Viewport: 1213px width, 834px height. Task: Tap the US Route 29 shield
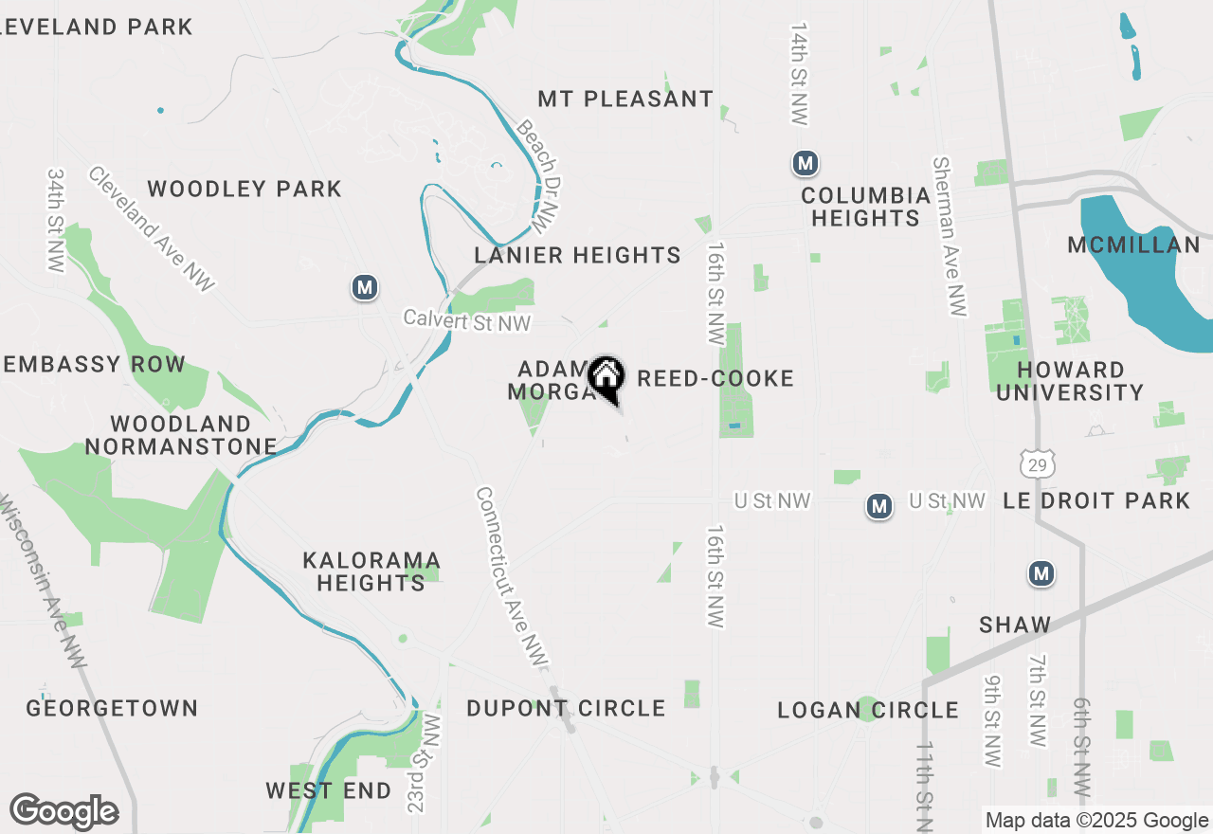(x=1038, y=463)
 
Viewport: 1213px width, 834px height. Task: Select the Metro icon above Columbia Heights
(x=806, y=164)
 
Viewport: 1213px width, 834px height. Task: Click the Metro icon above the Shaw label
(x=1041, y=573)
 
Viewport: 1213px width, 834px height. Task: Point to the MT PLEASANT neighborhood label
(x=625, y=100)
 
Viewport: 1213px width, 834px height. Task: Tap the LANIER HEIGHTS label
(x=577, y=255)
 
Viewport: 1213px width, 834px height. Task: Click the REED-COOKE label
(x=715, y=379)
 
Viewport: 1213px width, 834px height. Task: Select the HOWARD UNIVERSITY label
(x=1070, y=381)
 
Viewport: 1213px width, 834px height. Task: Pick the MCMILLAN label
(x=1133, y=245)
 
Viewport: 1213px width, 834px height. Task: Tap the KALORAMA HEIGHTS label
(x=371, y=571)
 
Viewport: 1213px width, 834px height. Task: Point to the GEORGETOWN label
(x=112, y=708)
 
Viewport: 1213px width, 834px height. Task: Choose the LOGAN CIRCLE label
(x=868, y=710)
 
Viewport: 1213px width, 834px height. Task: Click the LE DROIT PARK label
(x=1096, y=500)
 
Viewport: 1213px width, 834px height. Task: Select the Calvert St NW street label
(x=467, y=320)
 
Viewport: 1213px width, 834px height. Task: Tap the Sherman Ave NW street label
(x=950, y=237)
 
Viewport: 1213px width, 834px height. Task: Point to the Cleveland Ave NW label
(x=152, y=228)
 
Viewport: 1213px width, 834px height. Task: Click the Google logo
(x=63, y=811)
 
